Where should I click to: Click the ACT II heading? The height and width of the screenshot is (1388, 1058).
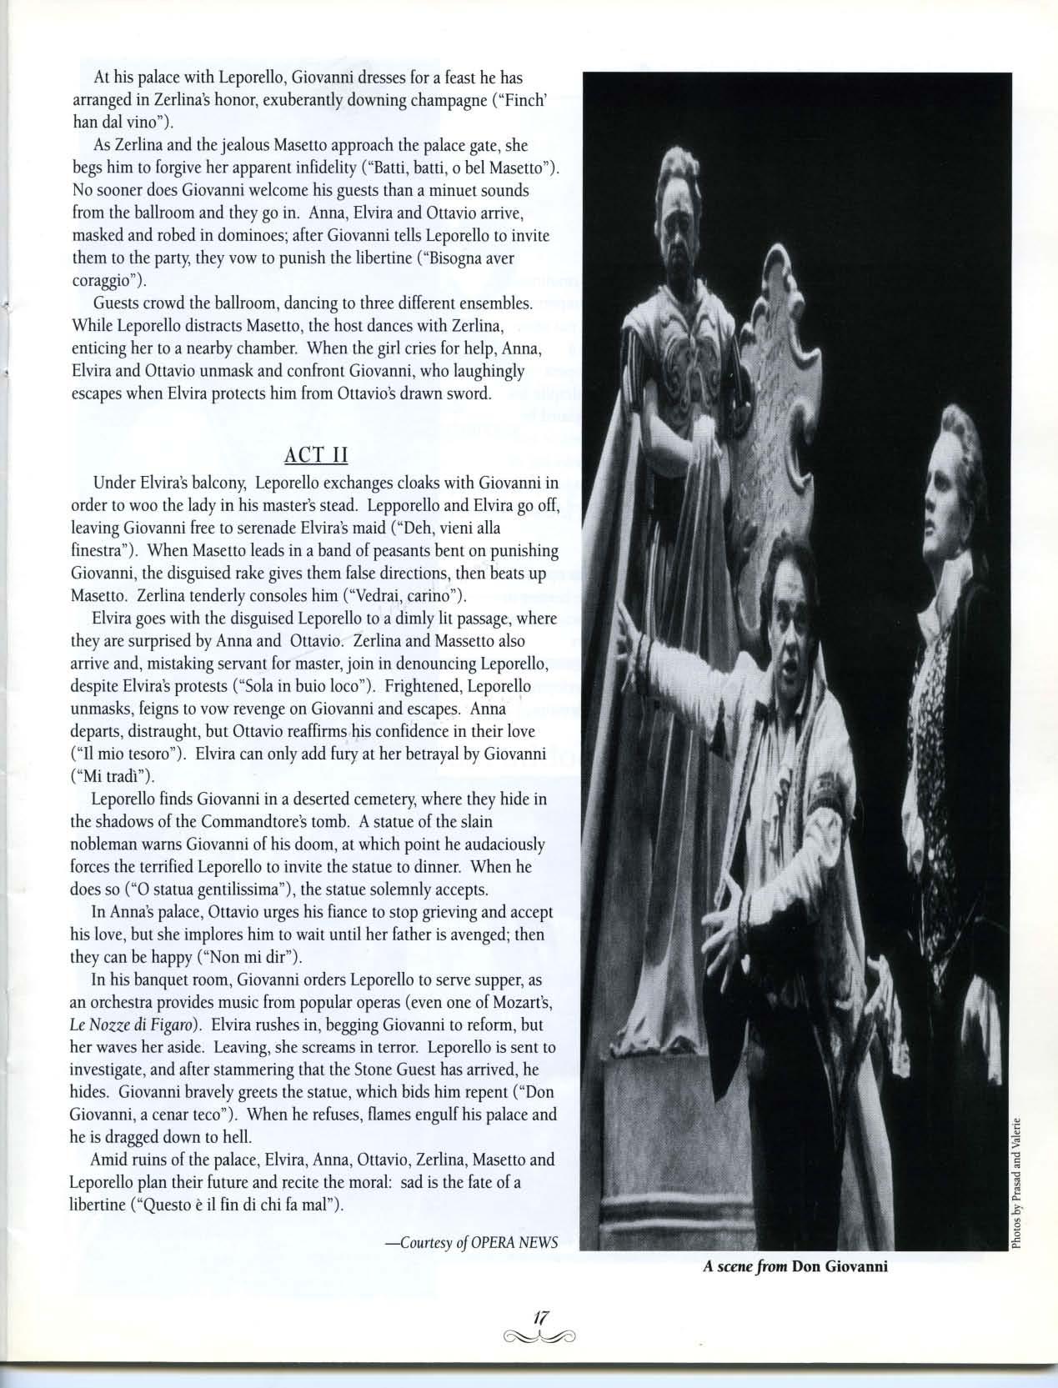pyautogui.click(x=316, y=455)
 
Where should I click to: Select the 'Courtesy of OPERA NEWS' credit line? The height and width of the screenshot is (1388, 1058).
pyautogui.click(x=471, y=1242)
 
